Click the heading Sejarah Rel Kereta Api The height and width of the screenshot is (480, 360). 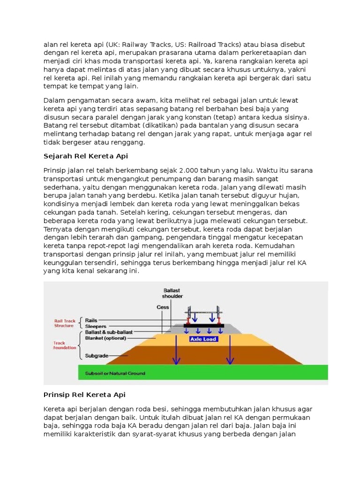85,156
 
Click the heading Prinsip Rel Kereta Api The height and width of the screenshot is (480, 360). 84,395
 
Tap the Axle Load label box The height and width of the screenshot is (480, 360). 203,339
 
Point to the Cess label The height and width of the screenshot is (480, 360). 162,307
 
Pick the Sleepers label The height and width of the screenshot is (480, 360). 96,326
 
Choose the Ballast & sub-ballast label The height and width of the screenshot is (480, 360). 106,332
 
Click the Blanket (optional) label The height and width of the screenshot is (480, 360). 105,337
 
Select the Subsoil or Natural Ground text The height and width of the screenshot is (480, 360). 115,374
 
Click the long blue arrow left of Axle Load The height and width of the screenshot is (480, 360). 176,347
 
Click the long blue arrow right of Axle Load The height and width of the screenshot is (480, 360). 230,347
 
